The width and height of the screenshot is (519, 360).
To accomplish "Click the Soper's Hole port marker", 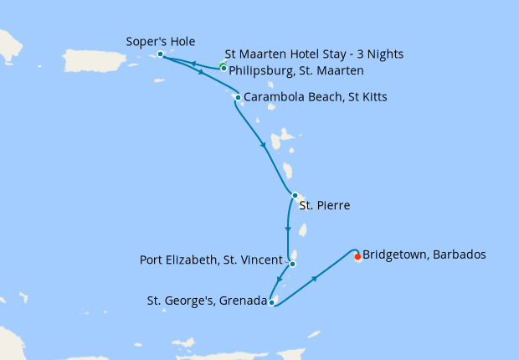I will point(160,54).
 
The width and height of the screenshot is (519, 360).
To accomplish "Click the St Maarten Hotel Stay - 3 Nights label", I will point(314,54).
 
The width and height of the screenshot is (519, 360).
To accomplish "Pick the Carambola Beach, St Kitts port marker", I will point(238,98).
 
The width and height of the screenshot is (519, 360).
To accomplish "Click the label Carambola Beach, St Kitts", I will point(316,98).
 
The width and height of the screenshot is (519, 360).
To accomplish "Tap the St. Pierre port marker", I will point(295,195).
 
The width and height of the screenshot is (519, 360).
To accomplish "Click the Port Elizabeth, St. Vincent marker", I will point(292,264).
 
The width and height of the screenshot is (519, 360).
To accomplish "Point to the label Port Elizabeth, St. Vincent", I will point(211,260).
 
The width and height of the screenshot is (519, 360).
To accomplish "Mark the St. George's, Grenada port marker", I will point(272,302).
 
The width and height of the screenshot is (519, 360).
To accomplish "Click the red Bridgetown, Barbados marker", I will point(357,257).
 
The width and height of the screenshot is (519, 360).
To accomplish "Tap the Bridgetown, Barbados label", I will point(424,255).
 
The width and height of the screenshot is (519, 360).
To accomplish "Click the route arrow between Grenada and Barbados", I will point(315,278).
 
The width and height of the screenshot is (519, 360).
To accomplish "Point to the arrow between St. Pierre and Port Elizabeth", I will point(288,229).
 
